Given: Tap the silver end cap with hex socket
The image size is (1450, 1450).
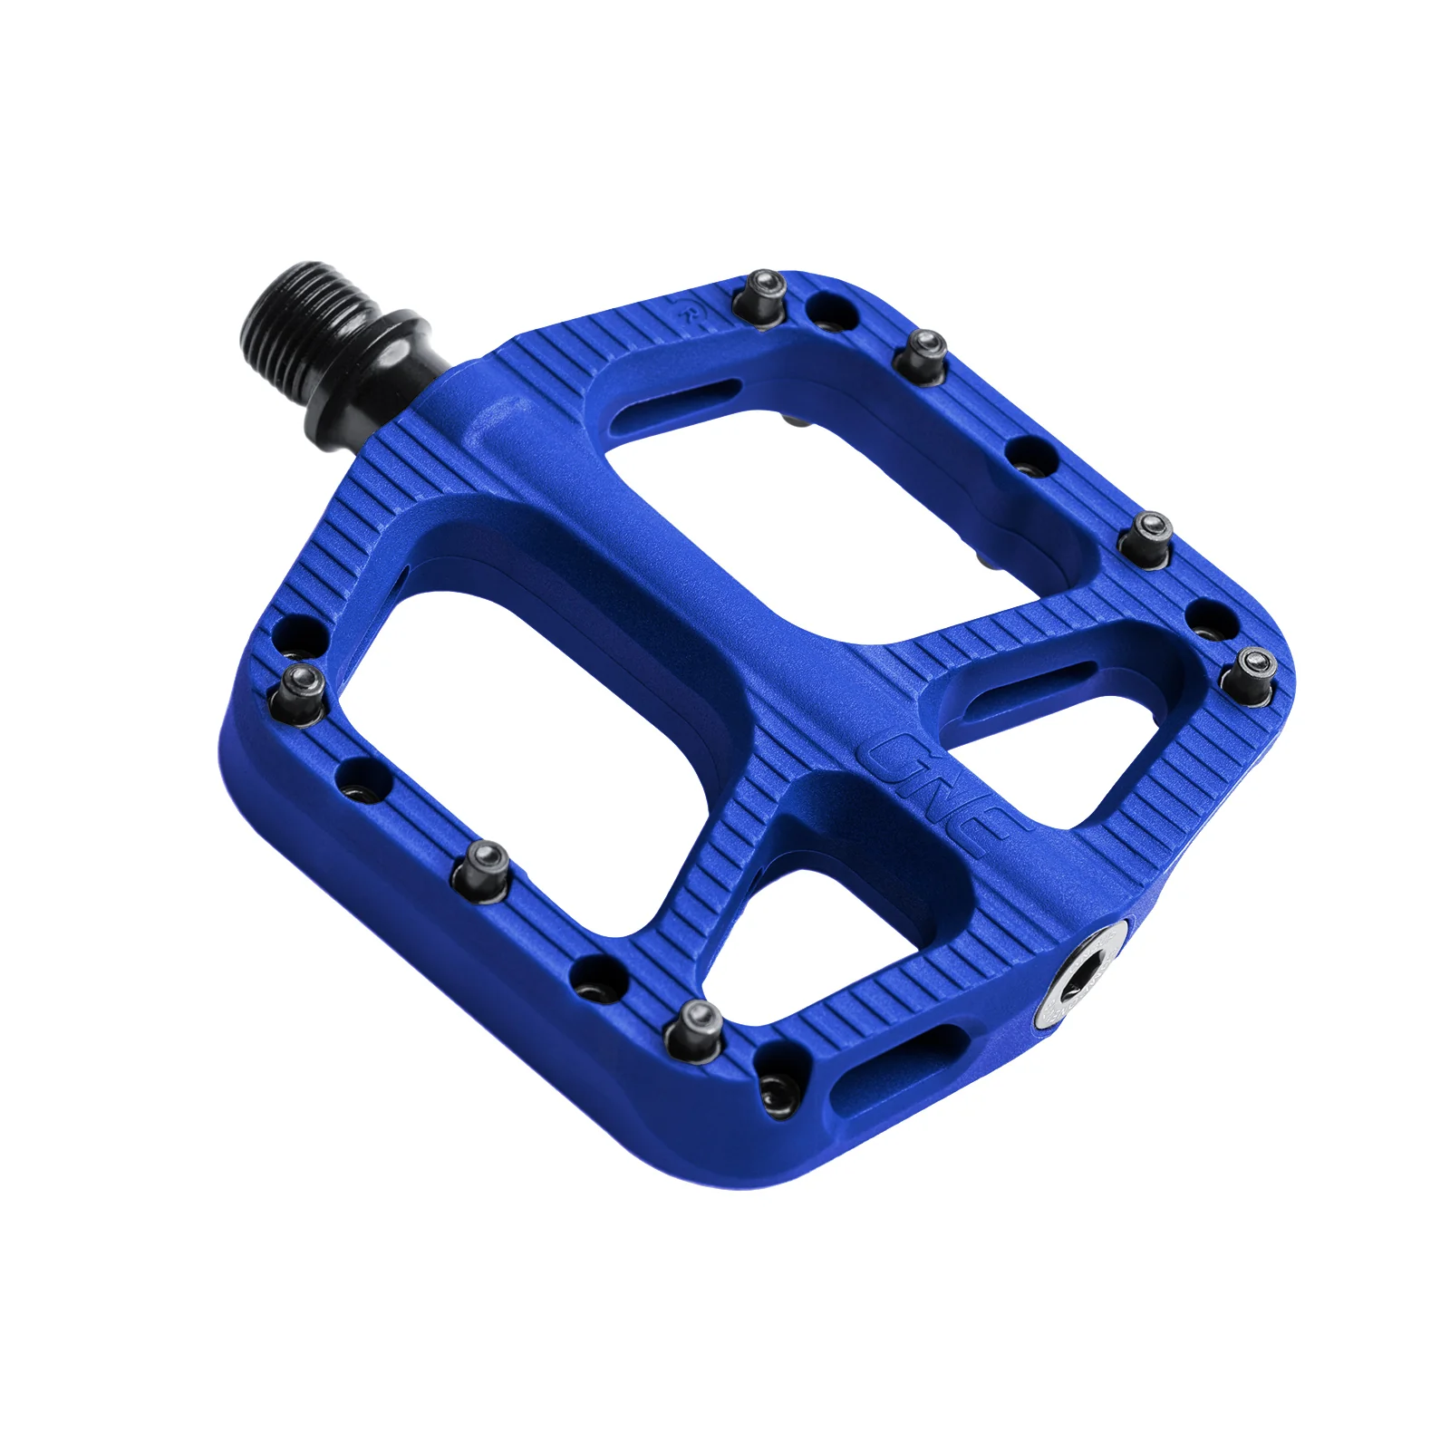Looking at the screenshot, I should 1082,979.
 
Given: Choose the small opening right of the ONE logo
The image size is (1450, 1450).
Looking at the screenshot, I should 1069,743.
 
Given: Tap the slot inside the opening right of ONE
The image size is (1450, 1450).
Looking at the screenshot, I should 1033,681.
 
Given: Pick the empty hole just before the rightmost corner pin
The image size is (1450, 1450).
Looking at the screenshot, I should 1210,621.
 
